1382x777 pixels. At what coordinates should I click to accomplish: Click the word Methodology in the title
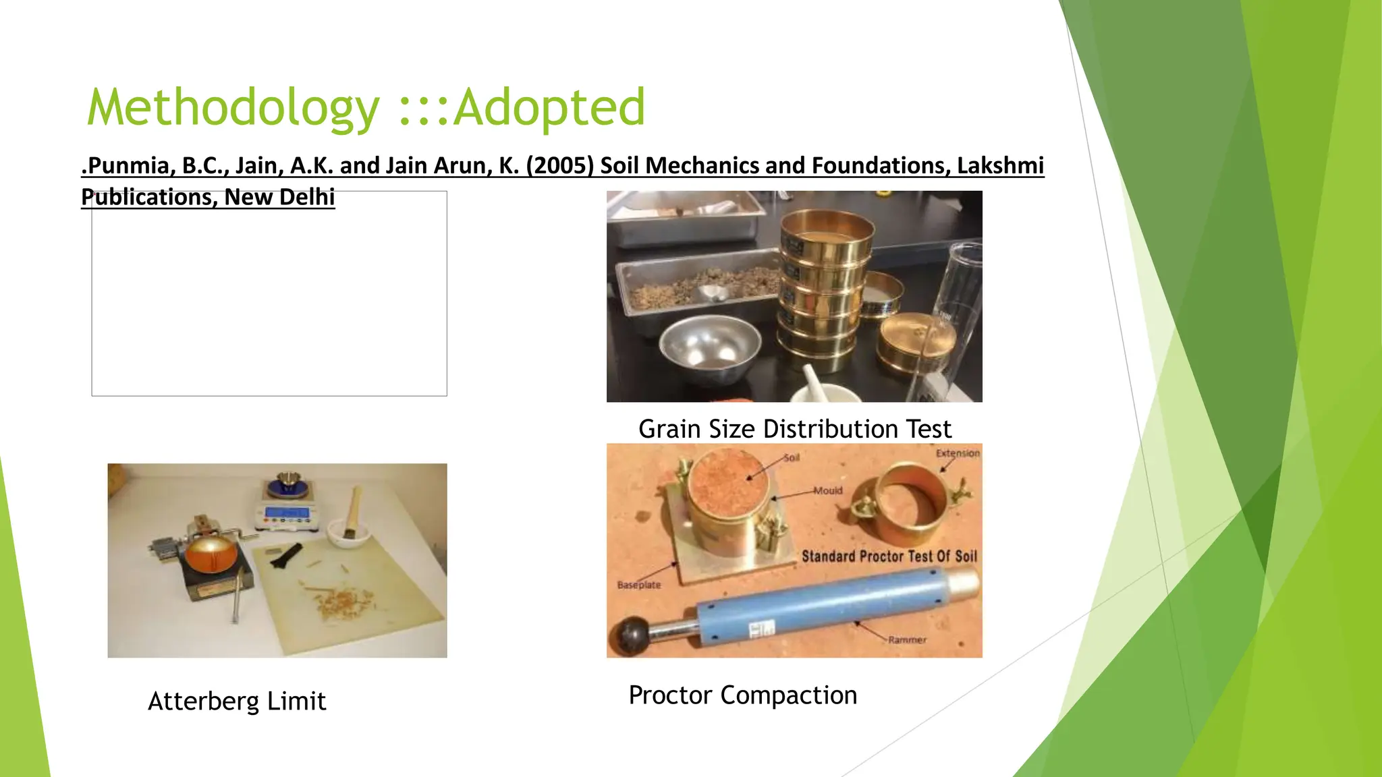pyautogui.click(x=233, y=108)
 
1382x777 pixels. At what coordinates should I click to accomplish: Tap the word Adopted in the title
pyautogui.click(x=549, y=108)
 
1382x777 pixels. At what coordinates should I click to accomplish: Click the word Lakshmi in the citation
pyautogui.click(x=1000, y=165)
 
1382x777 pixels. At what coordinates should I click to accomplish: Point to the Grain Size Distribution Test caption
pyautogui.click(x=794, y=429)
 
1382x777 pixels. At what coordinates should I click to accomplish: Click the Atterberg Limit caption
pyautogui.click(x=237, y=701)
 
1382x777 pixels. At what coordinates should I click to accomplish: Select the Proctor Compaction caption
pyautogui.click(x=742, y=695)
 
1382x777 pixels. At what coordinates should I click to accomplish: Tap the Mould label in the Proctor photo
pyautogui.click(x=828, y=490)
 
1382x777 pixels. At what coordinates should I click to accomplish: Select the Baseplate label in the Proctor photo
pyautogui.click(x=638, y=585)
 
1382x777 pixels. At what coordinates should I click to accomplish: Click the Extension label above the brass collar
pyautogui.click(x=957, y=453)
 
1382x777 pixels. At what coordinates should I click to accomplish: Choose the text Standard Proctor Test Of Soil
pyautogui.click(x=889, y=556)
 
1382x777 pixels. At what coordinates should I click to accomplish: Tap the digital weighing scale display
pyautogui.click(x=287, y=514)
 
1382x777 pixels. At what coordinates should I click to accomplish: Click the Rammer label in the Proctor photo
pyautogui.click(x=907, y=639)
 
